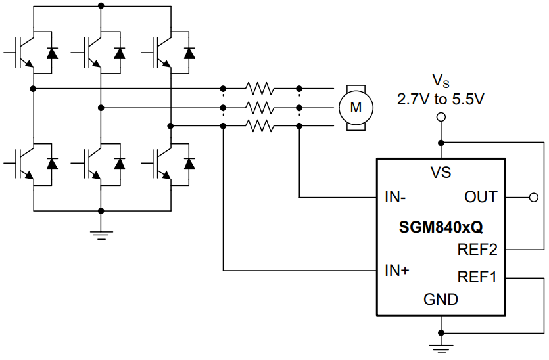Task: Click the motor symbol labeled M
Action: point(355,107)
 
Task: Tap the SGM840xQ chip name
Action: point(441,228)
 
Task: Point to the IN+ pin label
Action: point(397,270)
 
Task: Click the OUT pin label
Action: point(481,197)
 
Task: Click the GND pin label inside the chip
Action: point(441,300)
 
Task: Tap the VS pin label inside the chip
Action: point(441,173)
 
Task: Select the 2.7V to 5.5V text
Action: point(440,100)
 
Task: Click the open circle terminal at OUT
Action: point(533,197)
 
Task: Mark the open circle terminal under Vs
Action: point(441,117)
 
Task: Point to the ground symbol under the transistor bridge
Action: point(101,233)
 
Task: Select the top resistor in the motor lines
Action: point(260,88)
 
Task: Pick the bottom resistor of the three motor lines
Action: point(260,125)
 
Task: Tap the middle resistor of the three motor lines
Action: point(260,106)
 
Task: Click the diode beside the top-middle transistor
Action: point(119,53)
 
